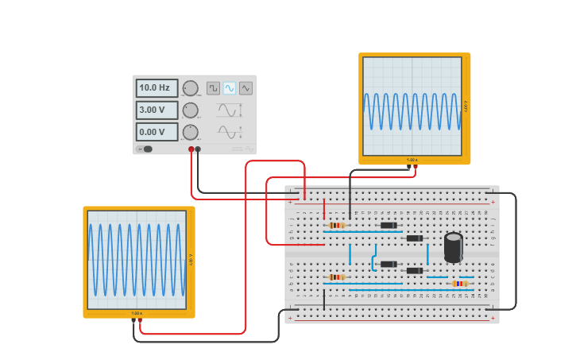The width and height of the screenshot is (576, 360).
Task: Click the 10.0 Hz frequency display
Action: [157, 88]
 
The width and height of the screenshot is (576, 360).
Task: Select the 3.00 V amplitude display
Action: [157, 110]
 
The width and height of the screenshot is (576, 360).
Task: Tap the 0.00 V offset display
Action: [157, 132]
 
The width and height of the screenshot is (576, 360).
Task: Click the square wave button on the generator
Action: [213, 88]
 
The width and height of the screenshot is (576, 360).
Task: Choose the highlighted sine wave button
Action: [230, 88]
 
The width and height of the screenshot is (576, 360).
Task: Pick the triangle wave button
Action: [245, 88]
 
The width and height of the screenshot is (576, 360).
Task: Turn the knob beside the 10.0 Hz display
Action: [191, 88]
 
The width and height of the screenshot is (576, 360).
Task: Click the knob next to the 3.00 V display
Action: [191, 110]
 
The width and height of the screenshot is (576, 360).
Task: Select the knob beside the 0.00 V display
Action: [191, 132]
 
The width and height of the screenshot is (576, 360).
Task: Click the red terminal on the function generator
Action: [191, 149]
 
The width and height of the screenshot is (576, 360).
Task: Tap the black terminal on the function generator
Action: [198, 149]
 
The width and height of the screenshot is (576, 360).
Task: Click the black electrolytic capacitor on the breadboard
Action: [453, 247]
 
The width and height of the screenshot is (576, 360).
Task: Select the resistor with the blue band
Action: [460, 284]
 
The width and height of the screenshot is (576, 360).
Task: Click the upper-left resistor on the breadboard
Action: [337, 225]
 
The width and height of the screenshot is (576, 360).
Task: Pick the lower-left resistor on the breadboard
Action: [337, 277]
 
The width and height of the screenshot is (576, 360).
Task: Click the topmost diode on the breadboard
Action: [389, 225]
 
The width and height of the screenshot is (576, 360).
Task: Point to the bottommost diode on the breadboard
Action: [415, 271]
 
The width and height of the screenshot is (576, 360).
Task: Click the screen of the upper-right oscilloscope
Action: [412, 106]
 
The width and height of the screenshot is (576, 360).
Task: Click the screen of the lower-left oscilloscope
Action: [137, 260]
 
